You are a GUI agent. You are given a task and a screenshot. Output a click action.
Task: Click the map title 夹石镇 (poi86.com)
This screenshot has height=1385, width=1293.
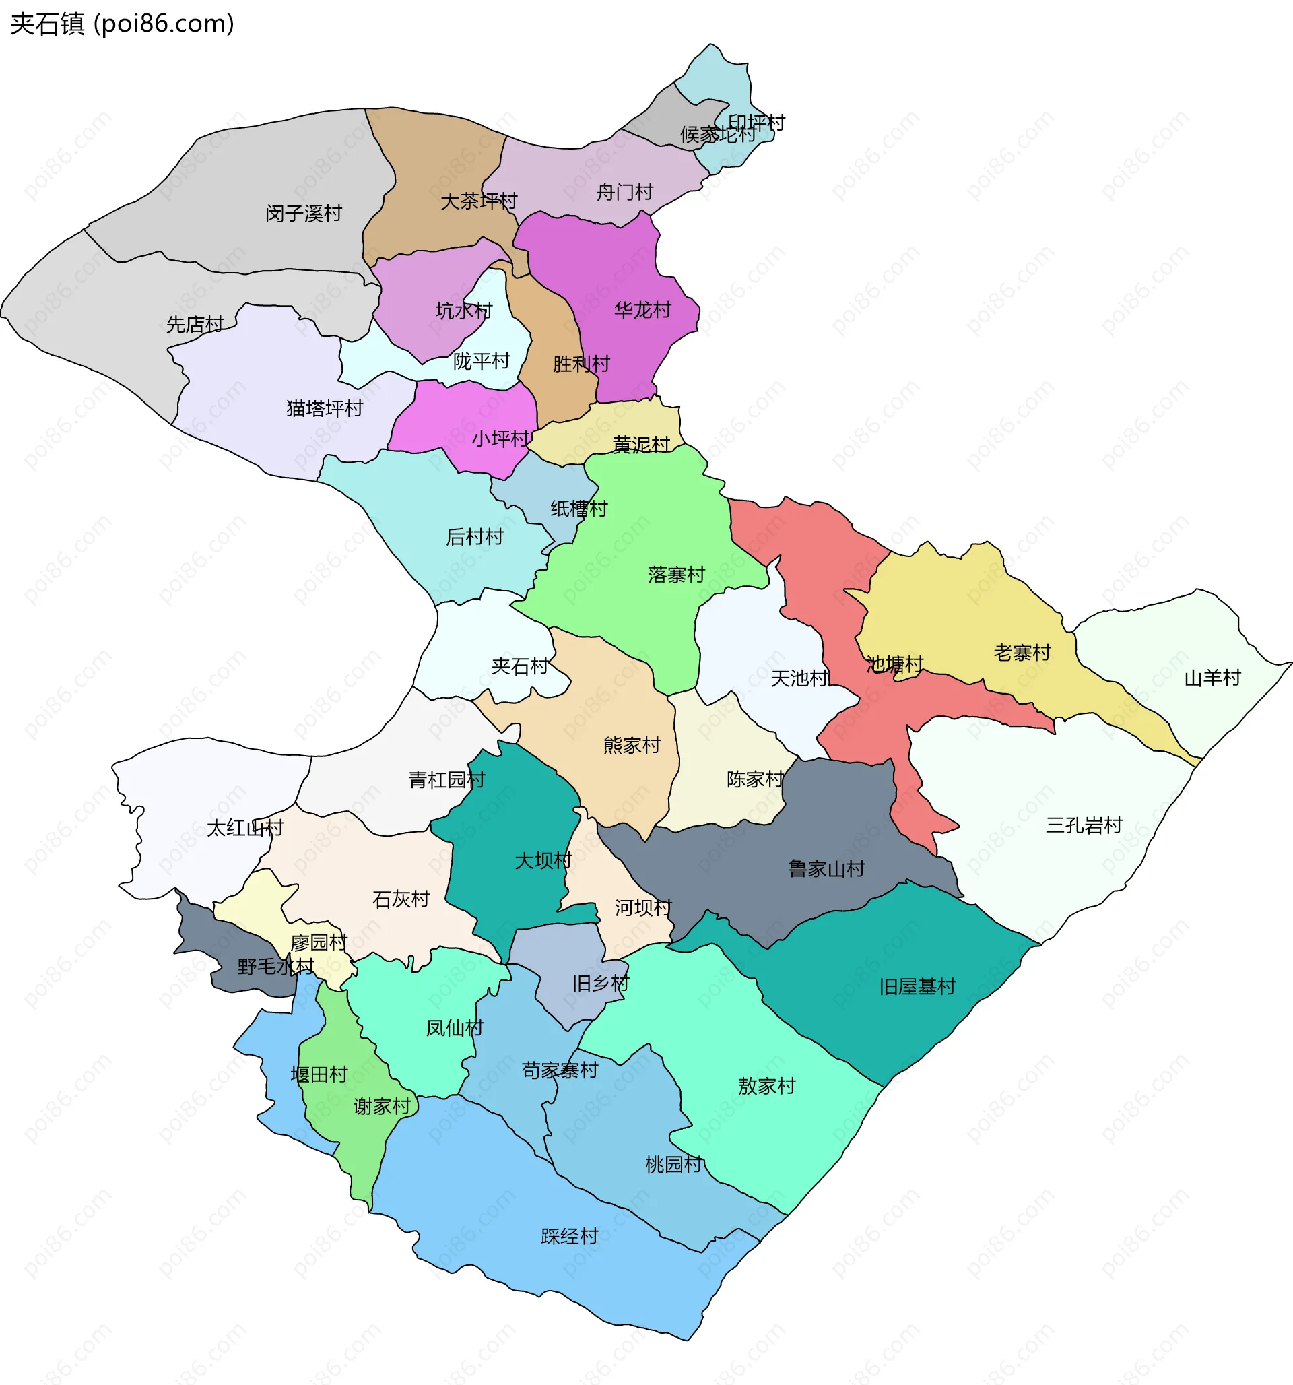tap(122, 24)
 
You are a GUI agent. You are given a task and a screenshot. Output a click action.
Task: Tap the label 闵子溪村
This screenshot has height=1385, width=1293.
tap(303, 213)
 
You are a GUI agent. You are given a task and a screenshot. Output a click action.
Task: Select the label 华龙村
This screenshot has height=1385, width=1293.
tap(642, 309)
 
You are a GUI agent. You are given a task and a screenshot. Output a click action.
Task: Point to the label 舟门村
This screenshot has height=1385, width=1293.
tap(624, 191)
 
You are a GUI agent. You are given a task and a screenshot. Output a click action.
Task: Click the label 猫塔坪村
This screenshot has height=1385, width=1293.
tap(324, 408)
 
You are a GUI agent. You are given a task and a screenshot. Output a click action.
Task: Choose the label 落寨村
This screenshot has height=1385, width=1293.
tap(675, 574)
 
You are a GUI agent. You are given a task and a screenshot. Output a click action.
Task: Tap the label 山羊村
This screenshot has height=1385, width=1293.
tap(1212, 677)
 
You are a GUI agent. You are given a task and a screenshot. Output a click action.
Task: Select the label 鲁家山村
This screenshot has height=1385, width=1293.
tap(826, 868)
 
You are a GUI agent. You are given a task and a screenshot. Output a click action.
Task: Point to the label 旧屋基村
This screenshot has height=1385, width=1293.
tap(916, 986)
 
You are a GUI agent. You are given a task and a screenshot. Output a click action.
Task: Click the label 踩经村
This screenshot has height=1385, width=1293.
tap(569, 1235)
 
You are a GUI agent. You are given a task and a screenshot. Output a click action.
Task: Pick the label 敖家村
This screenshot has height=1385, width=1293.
tap(766, 1085)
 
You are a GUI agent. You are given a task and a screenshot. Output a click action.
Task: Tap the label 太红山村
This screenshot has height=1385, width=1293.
tap(244, 828)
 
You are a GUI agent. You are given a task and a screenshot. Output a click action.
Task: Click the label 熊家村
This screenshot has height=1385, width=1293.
tap(631, 745)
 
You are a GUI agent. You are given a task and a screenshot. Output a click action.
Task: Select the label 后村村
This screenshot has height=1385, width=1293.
tap(473, 536)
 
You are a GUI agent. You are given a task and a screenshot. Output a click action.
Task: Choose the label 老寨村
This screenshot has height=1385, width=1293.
tap(1022, 652)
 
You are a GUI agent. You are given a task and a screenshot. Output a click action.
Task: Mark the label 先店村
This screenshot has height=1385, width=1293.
tap(195, 324)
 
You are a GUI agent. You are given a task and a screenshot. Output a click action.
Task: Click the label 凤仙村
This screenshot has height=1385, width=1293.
tap(454, 1027)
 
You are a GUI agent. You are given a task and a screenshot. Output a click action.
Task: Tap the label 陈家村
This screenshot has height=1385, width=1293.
tap(754, 778)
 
